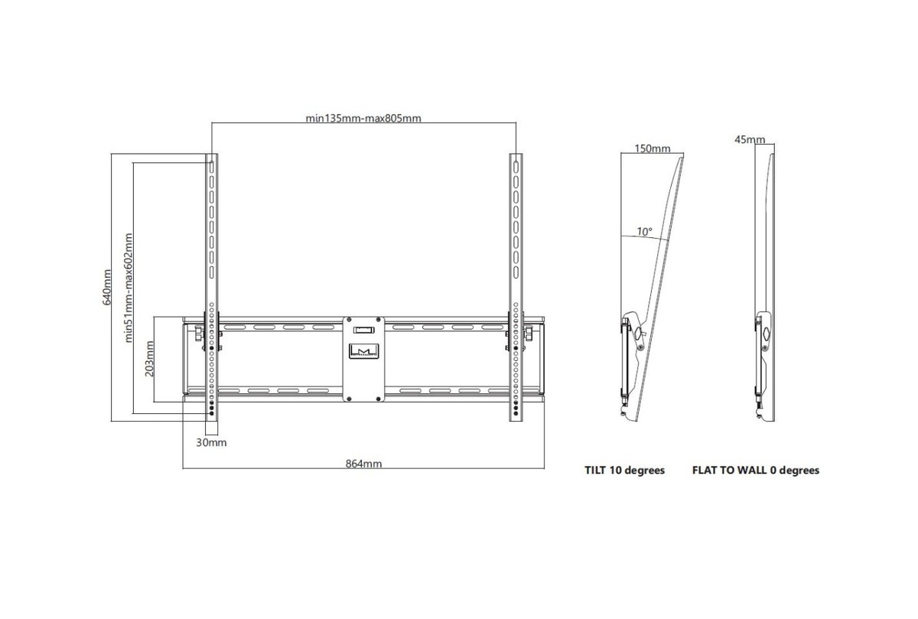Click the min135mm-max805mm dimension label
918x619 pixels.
coord(363,119)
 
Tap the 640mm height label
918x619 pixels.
coord(106,287)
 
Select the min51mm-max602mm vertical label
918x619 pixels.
coord(129,288)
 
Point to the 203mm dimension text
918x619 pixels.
coord(150,359)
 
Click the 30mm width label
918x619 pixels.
coord(211,443)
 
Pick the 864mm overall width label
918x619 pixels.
coord(363,464)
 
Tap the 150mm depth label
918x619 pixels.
coord(653,148)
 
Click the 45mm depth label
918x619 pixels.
coord(750,140)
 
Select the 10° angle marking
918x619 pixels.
coord(644,232)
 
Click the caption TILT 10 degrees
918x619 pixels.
coord(624,471)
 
